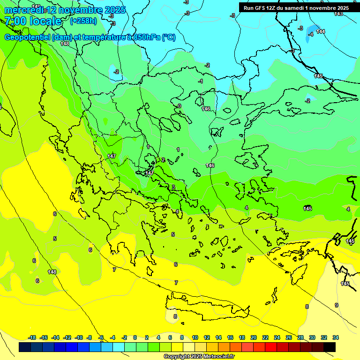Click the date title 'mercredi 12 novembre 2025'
coord(65,10)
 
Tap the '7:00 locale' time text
coord(33,21)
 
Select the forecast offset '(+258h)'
coord(83,21)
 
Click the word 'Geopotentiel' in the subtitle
coord(28,37)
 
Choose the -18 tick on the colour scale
coord(32,337)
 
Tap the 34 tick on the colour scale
coord(335,337)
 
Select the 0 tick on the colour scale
coord(135,337)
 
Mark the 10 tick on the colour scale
coord(195,337)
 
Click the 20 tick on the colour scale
coord(253,337)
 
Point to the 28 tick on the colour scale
coord(300,337)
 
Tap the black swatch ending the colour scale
coord(330,347)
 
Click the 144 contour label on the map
coord(321,31)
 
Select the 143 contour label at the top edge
coord(338,14)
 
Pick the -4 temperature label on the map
coord(310,34)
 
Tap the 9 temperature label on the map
coord(336,305)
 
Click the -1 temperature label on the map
coord(201,81)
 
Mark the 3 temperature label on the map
coord(173,187)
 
